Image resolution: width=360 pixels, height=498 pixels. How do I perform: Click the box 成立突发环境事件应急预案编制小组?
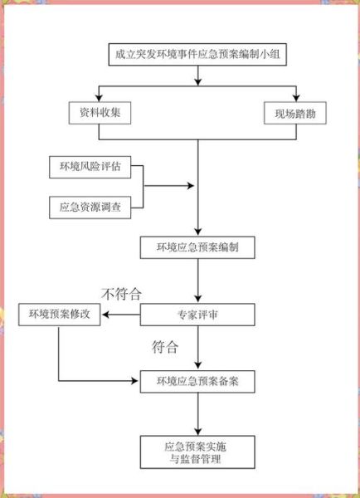[197, 56]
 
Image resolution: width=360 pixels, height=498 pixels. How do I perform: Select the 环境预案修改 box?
[59, 315]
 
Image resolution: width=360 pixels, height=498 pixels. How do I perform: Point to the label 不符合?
[122, 293]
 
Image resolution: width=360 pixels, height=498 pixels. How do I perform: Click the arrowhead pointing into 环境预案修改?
[106, 315]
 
